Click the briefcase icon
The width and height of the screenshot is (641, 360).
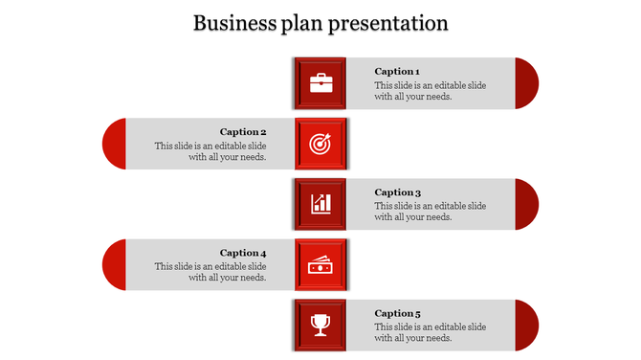pos(320,83)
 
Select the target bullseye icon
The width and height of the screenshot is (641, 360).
pos(320,144)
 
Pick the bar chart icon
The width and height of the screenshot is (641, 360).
pos(320,204)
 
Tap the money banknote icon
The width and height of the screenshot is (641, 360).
pos(320,265)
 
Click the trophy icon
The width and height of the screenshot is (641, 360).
pos(320,326)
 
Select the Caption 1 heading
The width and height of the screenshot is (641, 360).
pos(396,71)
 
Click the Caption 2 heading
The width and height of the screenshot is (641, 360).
pos(243,132)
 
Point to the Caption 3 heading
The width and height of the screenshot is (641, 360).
pos(397,192)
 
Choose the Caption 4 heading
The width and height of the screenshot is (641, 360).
pos(243,254)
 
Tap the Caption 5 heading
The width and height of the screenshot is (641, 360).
pos(397,313)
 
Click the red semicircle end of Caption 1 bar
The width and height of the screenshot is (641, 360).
pos(526,83)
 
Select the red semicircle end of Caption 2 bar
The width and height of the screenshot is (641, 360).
pos(115,144)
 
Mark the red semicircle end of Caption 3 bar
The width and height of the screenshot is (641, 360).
pos(526,204)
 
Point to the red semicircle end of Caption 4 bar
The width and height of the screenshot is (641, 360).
pos(115,265)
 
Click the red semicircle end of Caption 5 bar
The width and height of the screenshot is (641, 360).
pos(526,326)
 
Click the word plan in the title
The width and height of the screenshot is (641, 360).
pos(304,23)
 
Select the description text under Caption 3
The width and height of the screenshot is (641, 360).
pos(430,212)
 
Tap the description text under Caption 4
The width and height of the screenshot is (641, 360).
pos(210,272)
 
